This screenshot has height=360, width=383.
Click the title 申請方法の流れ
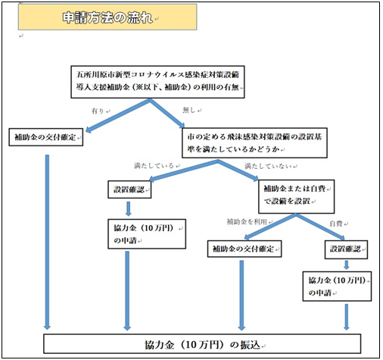point(107,17)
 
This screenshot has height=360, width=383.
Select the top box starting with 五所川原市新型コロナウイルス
point(157,82)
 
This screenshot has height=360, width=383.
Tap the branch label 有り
point(98,111)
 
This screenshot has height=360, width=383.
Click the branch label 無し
point(189,110)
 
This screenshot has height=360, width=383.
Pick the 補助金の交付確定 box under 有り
point(46,137)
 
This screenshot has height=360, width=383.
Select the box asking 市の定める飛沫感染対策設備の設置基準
point(254,143)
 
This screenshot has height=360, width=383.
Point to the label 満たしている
point(154,166)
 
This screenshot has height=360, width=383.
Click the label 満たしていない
point(268,166)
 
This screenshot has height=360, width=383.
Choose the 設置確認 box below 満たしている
point(129,189)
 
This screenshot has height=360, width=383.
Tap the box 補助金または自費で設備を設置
point(296,196)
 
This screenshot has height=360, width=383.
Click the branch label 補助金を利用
point(247,221)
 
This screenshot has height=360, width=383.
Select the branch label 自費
point(336,224)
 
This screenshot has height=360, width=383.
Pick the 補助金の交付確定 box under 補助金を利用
point(244,249)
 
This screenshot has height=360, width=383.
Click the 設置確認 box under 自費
point(346,249)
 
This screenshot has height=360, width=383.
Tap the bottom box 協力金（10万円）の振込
point(202,344)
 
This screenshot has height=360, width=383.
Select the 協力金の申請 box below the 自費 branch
point(337,286)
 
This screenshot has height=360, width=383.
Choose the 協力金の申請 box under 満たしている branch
point(147,234)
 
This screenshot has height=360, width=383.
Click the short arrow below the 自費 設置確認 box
point(347,265)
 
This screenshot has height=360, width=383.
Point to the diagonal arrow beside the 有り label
point(118,115)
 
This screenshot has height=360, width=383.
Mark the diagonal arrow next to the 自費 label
point(320,227)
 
